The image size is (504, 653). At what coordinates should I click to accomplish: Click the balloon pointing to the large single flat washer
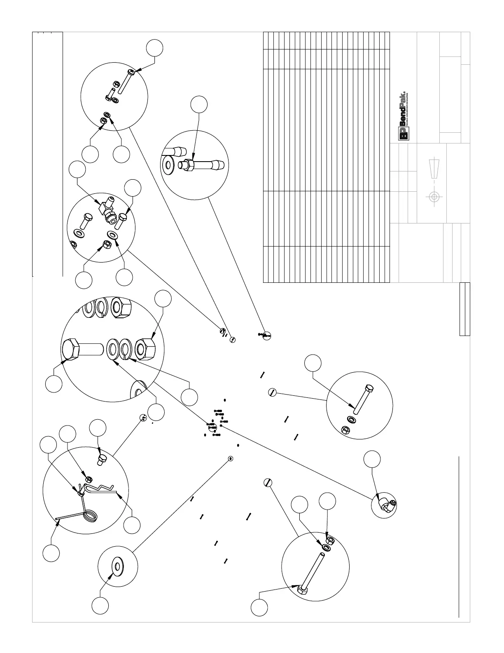pos(100,605)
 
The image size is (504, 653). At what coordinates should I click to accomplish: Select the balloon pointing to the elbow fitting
pos(77,169)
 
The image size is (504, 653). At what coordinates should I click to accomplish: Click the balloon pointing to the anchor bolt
pos(199,104)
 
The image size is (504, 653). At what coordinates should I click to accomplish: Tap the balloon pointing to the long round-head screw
pos(154,47)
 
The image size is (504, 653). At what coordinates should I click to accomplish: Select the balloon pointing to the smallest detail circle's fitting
pos(372,459)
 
